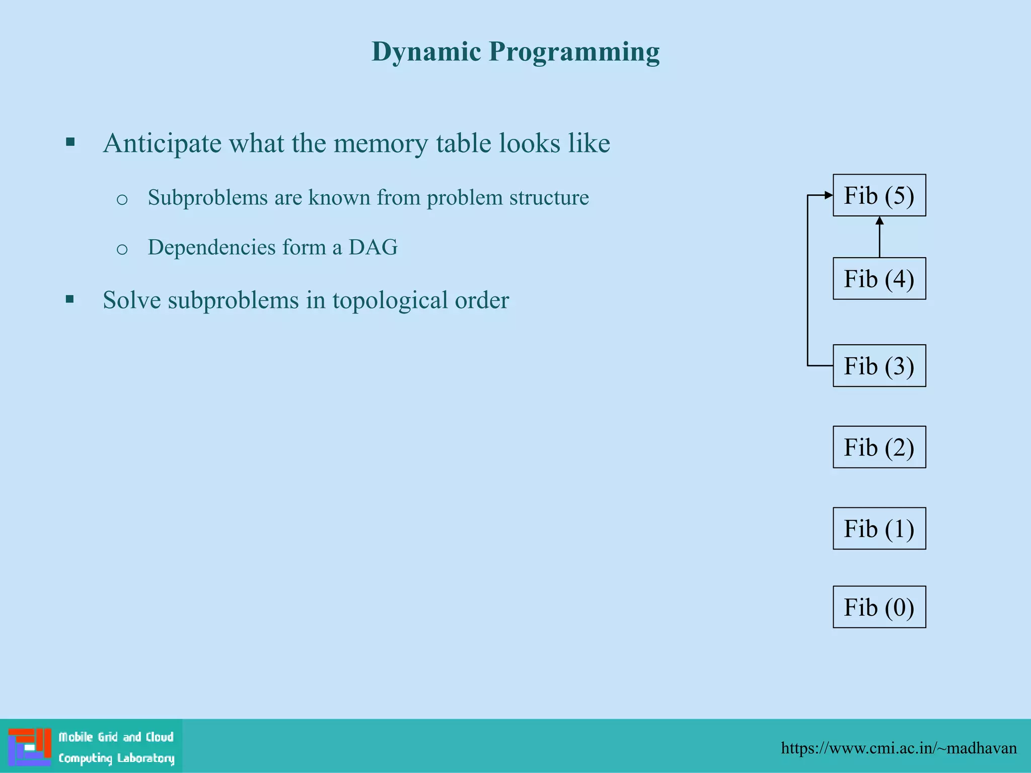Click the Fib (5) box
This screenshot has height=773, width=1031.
pos(879,195)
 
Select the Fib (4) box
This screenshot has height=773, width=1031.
pos(879,279)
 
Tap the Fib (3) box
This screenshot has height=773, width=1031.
pos(879,366)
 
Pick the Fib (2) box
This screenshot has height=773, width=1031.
pos(879,447)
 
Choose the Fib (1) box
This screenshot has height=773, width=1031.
pos(879,528)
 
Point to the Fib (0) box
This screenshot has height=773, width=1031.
pos(879,607)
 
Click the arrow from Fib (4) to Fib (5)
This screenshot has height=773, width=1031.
pos(879,238)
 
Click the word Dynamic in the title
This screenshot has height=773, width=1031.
pos(426,52)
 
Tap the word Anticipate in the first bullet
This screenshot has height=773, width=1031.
pos(162,144)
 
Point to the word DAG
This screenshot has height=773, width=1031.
pos(373,247)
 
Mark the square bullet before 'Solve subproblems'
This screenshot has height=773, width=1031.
pos(70,300)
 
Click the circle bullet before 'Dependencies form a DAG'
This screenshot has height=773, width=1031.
pos(122,249)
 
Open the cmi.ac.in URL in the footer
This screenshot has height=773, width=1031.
pos(899,748)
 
